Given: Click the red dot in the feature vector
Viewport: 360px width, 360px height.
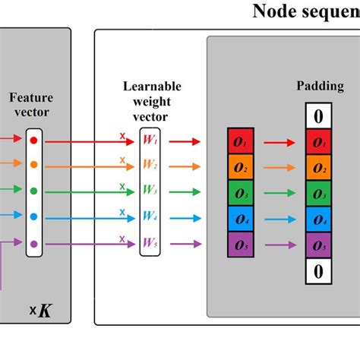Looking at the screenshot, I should [33, 141].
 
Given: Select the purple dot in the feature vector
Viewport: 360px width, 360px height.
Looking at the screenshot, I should [33, 244].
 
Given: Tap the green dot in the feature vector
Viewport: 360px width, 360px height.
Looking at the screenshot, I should [33, 192].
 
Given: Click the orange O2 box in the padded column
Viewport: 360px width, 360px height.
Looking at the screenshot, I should [317, 167].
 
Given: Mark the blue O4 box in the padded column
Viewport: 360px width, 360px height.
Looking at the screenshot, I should [317, 219].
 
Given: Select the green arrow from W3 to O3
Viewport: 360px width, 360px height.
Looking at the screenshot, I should [185, 192].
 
